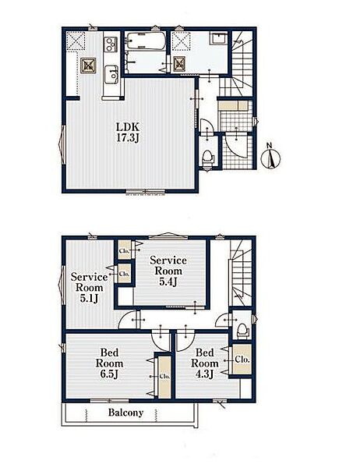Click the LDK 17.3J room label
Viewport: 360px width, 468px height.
point(128,133)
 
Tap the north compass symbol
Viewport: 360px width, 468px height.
point(271,158)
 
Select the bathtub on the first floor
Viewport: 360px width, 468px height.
point(146,41)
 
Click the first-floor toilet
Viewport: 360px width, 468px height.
point(207,157)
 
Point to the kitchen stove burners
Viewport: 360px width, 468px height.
point(111,44)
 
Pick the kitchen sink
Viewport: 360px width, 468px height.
point(111,73)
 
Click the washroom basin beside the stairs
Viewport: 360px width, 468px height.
point(219,39)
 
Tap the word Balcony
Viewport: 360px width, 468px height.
point(125,413)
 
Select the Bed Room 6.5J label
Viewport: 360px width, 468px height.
point(109,363)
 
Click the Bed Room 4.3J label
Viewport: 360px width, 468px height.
point(205,363)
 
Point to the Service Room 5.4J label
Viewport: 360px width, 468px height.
point(168,271)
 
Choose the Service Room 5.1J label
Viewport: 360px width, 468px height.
point(89,287)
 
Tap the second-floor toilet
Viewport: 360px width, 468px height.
point(242,331)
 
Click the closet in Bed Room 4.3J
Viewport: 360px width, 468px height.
point(242,360)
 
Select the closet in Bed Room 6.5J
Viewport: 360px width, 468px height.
point(164,377)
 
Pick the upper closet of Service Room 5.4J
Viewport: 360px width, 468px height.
point(125,250)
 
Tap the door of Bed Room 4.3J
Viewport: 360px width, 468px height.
point(185,341)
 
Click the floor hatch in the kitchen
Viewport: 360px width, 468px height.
point(89,65)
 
